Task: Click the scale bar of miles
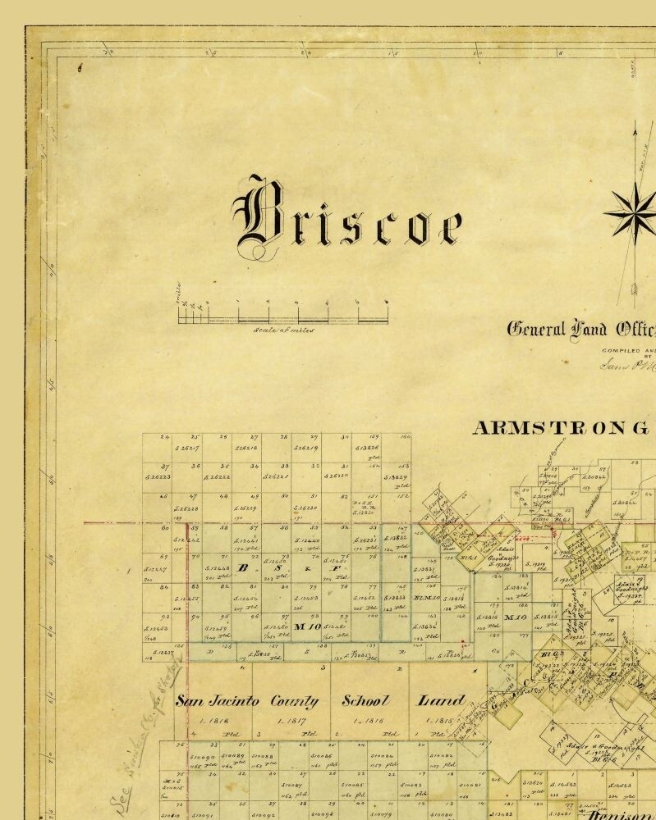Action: pos(283,312)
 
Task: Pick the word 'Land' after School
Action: pos(441,701)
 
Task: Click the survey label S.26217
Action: pos(188,449)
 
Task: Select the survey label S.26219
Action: pos(307,449)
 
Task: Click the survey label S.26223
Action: pos(158,476)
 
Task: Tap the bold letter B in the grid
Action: pos(242,567)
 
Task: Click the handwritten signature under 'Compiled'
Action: pos(628,365)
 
